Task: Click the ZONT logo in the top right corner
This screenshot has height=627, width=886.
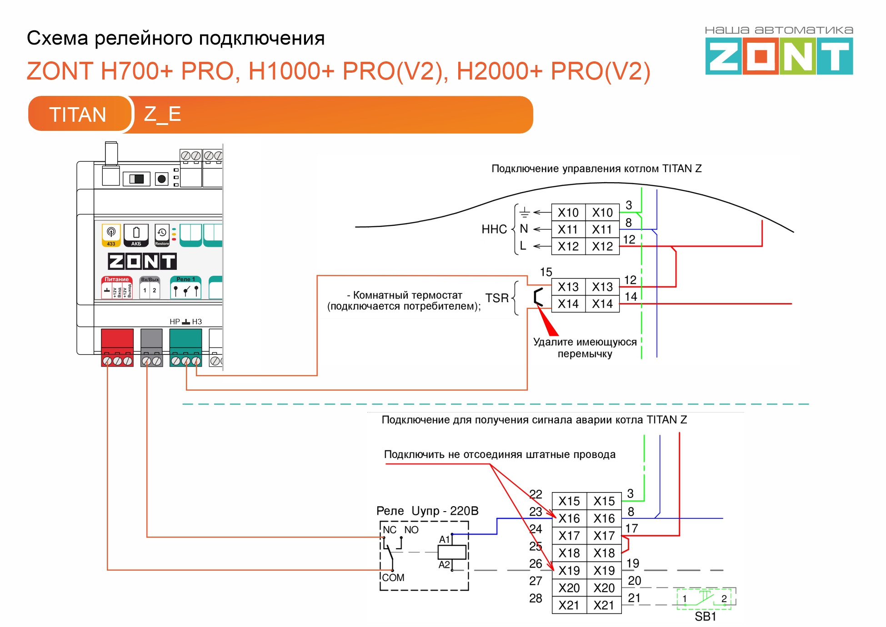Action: [779, 55]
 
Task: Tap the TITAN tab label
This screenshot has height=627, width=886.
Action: [78, 114]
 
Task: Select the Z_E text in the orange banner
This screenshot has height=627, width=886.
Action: [162, 114]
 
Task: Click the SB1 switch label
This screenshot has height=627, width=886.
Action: [705, 617]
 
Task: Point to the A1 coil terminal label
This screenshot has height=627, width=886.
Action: [444, 539]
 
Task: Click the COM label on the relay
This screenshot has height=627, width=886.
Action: [393, 577]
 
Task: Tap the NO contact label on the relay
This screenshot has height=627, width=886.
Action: [411, 530]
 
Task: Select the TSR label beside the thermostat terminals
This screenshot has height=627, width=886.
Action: [497, 298]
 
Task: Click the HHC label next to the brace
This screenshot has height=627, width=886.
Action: [494, 229]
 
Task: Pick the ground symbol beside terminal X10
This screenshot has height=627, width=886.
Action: [525, 212]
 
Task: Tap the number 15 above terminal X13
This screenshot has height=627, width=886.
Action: [546, 272]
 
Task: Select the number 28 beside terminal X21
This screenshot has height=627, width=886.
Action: [536, 598]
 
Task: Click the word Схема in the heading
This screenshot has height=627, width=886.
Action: [57, 38]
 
